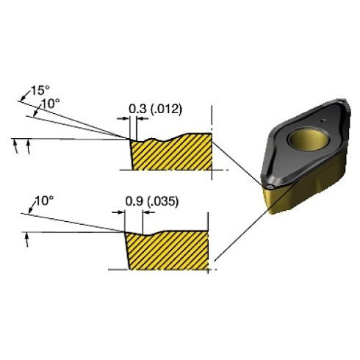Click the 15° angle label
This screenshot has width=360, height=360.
(x=38, y=92)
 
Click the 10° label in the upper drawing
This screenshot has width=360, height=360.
(x=49, y=104)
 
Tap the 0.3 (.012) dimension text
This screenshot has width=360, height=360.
(x=156, y=109)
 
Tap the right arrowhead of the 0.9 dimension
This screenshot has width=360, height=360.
(x=146, y=212)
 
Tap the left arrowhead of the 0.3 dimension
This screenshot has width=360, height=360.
(x=124, y=119)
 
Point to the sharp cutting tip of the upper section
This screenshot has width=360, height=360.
(x=132, y=138)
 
